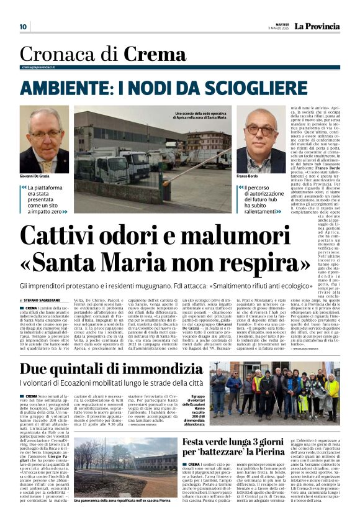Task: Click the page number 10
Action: (x=23, y=27)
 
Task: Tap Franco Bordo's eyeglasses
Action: (x=261, y=130)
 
